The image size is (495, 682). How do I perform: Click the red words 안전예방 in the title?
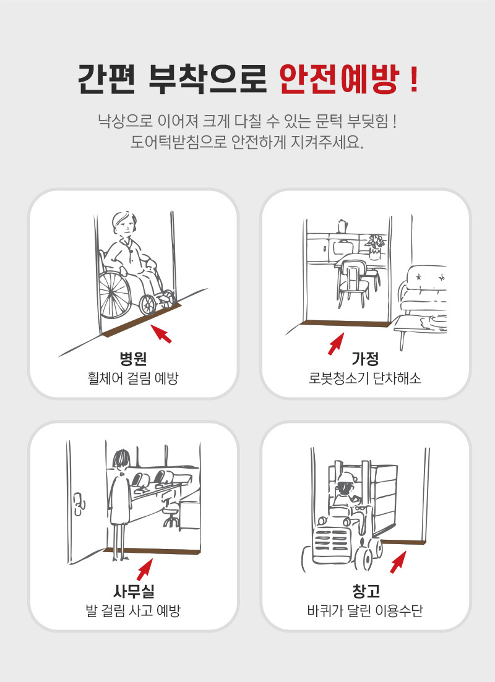tap(339, 80)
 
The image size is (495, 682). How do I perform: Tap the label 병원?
tap(133, 359)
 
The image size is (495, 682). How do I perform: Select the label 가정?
tap(365, 359)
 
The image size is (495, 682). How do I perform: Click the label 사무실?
tap(133, 590)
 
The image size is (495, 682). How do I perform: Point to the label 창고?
tap(366, 590)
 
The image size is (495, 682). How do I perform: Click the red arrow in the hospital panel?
tap(161, 334)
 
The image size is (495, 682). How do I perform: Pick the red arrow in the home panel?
tap(336, 343)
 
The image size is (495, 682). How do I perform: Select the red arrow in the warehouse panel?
tap(398, 562)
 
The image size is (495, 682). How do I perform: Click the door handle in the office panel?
tap(79, 504)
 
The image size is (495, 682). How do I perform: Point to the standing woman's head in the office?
tap(121, 459)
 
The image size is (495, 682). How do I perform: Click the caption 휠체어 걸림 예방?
tap(133, 378)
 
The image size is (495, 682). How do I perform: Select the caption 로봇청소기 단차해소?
tap(365, 378)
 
